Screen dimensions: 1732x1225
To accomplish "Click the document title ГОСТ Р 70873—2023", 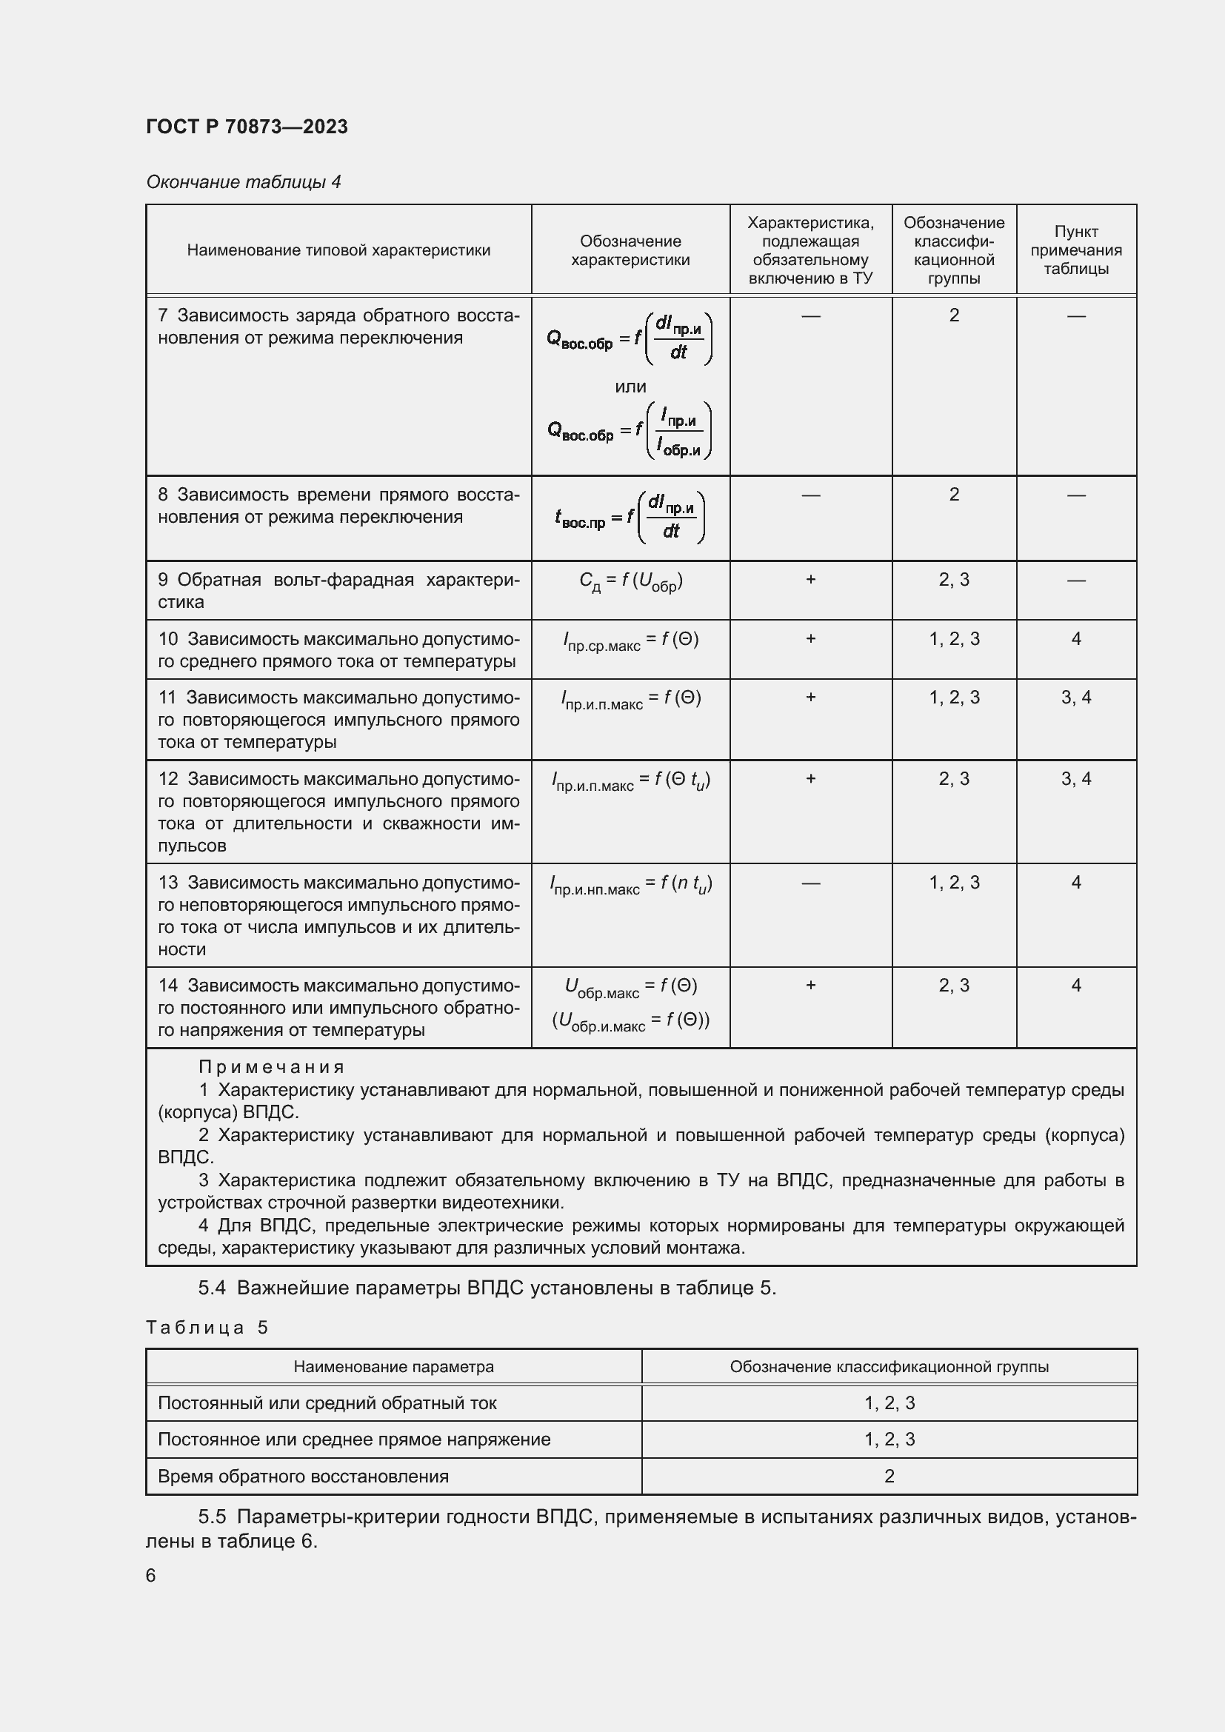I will coord(247,127).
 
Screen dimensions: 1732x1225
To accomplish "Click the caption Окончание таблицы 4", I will coord(243,182).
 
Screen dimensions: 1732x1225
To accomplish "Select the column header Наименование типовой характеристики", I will coord(338,250).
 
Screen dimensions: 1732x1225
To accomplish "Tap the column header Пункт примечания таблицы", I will coord(1075,250).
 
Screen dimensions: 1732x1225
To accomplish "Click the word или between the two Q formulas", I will coord(630,387).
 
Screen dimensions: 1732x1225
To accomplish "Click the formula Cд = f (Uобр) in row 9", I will coord(630,581).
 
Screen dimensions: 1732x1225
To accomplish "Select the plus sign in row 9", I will coord(810,579).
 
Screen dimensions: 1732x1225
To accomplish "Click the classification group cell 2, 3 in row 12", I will coord(953,778).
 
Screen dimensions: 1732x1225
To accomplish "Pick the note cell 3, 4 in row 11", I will coord(1075,698).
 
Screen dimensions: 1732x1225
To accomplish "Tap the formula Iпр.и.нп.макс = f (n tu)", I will coord(630,884).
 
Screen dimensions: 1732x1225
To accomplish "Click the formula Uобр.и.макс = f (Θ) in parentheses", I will coord(630,1021).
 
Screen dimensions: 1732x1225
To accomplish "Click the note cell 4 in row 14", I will coord(1075,985).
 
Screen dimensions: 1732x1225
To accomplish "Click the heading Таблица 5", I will coord(207,1328).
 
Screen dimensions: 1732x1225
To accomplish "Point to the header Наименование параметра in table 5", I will coord(393,1367).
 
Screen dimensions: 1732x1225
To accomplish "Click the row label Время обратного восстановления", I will coord(302,1477).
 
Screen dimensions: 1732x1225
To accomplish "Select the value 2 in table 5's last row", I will coord(889,1477).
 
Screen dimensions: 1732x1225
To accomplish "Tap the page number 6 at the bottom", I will coord(151,1575).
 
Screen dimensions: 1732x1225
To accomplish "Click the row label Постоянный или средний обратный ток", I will coord(327,1403).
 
